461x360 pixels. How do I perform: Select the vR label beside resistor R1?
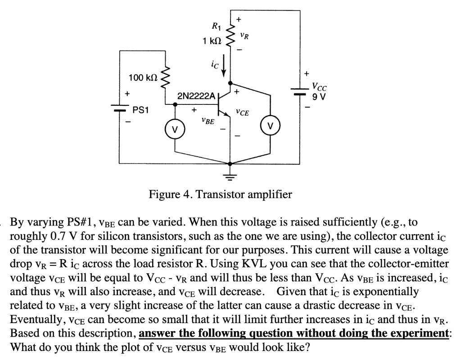point(244,34)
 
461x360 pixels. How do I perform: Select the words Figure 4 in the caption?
point(169,195)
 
